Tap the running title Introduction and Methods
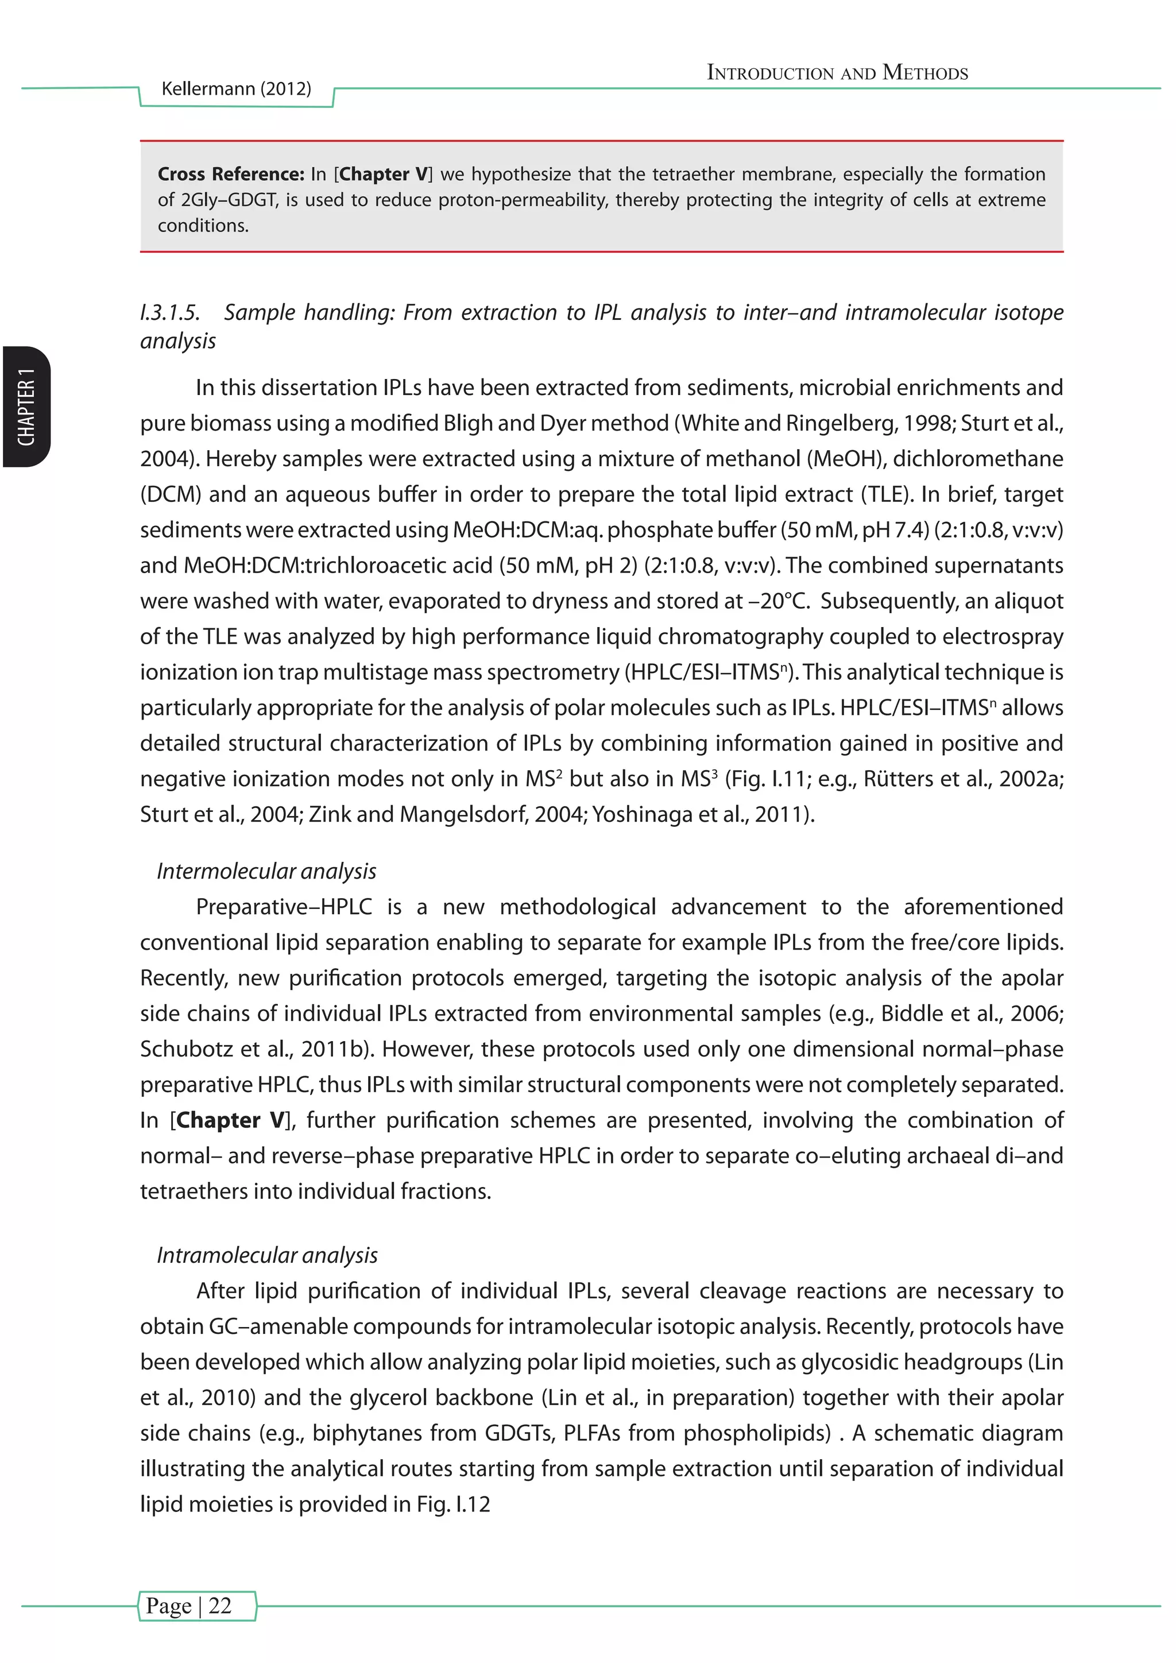(837, 72)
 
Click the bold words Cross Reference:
(231, 175)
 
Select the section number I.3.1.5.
(169, 313)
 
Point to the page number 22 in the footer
(219, 1605)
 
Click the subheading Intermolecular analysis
(266, 871)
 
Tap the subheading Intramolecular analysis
(267, 1255)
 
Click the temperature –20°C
(777, 601)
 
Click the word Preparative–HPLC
(284, 907)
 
